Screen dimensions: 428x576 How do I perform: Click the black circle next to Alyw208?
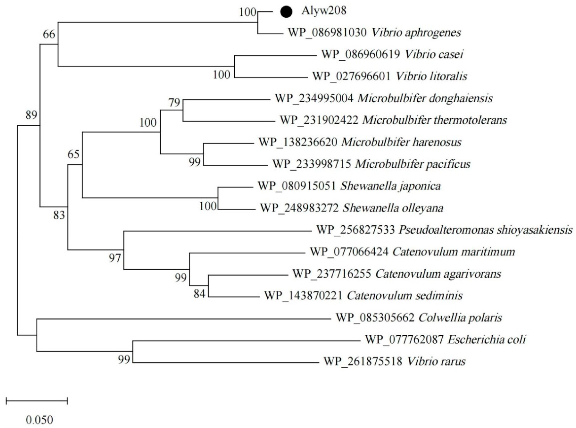click(x=286, y=12)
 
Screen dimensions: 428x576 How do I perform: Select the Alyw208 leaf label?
click(x=324, y=11)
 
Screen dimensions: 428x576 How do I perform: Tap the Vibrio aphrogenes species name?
click(x=416, y=33)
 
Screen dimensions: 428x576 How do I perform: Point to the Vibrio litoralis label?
click(x=431, y=77)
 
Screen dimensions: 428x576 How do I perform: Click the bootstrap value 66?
click(x=49, y=34)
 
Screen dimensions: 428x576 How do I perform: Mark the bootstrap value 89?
click(x=31, y=115)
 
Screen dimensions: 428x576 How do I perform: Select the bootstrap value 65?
click(x=74, y=155)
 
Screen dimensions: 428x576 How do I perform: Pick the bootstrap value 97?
click(x=115, y=258)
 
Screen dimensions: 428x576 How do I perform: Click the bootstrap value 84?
click(x=199, y=294)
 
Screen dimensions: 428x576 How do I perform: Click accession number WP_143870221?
click(x=303, y=296)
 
